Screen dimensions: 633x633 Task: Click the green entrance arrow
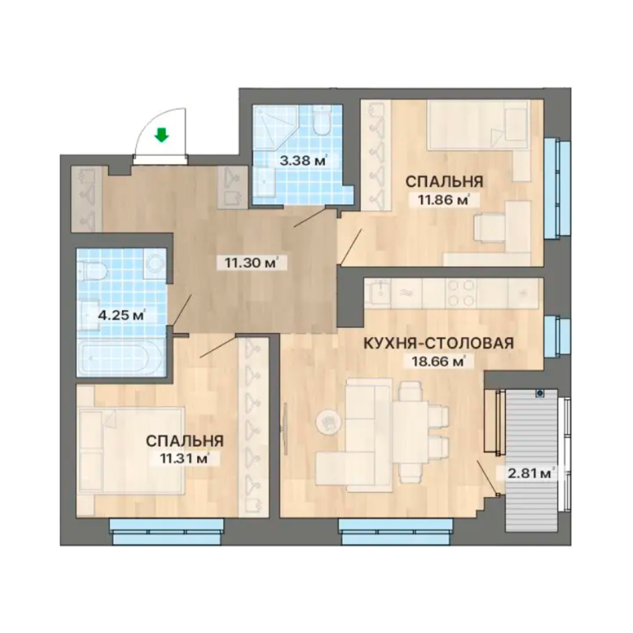(x=162, y=135)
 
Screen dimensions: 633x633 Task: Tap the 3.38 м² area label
(x=303, y=161)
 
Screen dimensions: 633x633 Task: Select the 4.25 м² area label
(x=122, y=315)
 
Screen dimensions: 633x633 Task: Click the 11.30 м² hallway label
(x=252, y=263)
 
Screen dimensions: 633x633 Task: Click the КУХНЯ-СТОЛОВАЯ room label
(x=439, y=343)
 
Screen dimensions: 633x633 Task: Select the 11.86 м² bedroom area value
(x=443, y=199)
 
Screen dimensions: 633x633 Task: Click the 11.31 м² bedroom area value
(x=184, y=458)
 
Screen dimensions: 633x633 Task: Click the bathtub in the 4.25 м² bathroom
(x=120, y=358)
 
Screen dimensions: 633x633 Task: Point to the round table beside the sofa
(x=329, y=422)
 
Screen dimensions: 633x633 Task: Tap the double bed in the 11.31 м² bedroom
(x=132, y=450)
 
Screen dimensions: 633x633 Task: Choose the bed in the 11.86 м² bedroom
(x=477, y=125)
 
